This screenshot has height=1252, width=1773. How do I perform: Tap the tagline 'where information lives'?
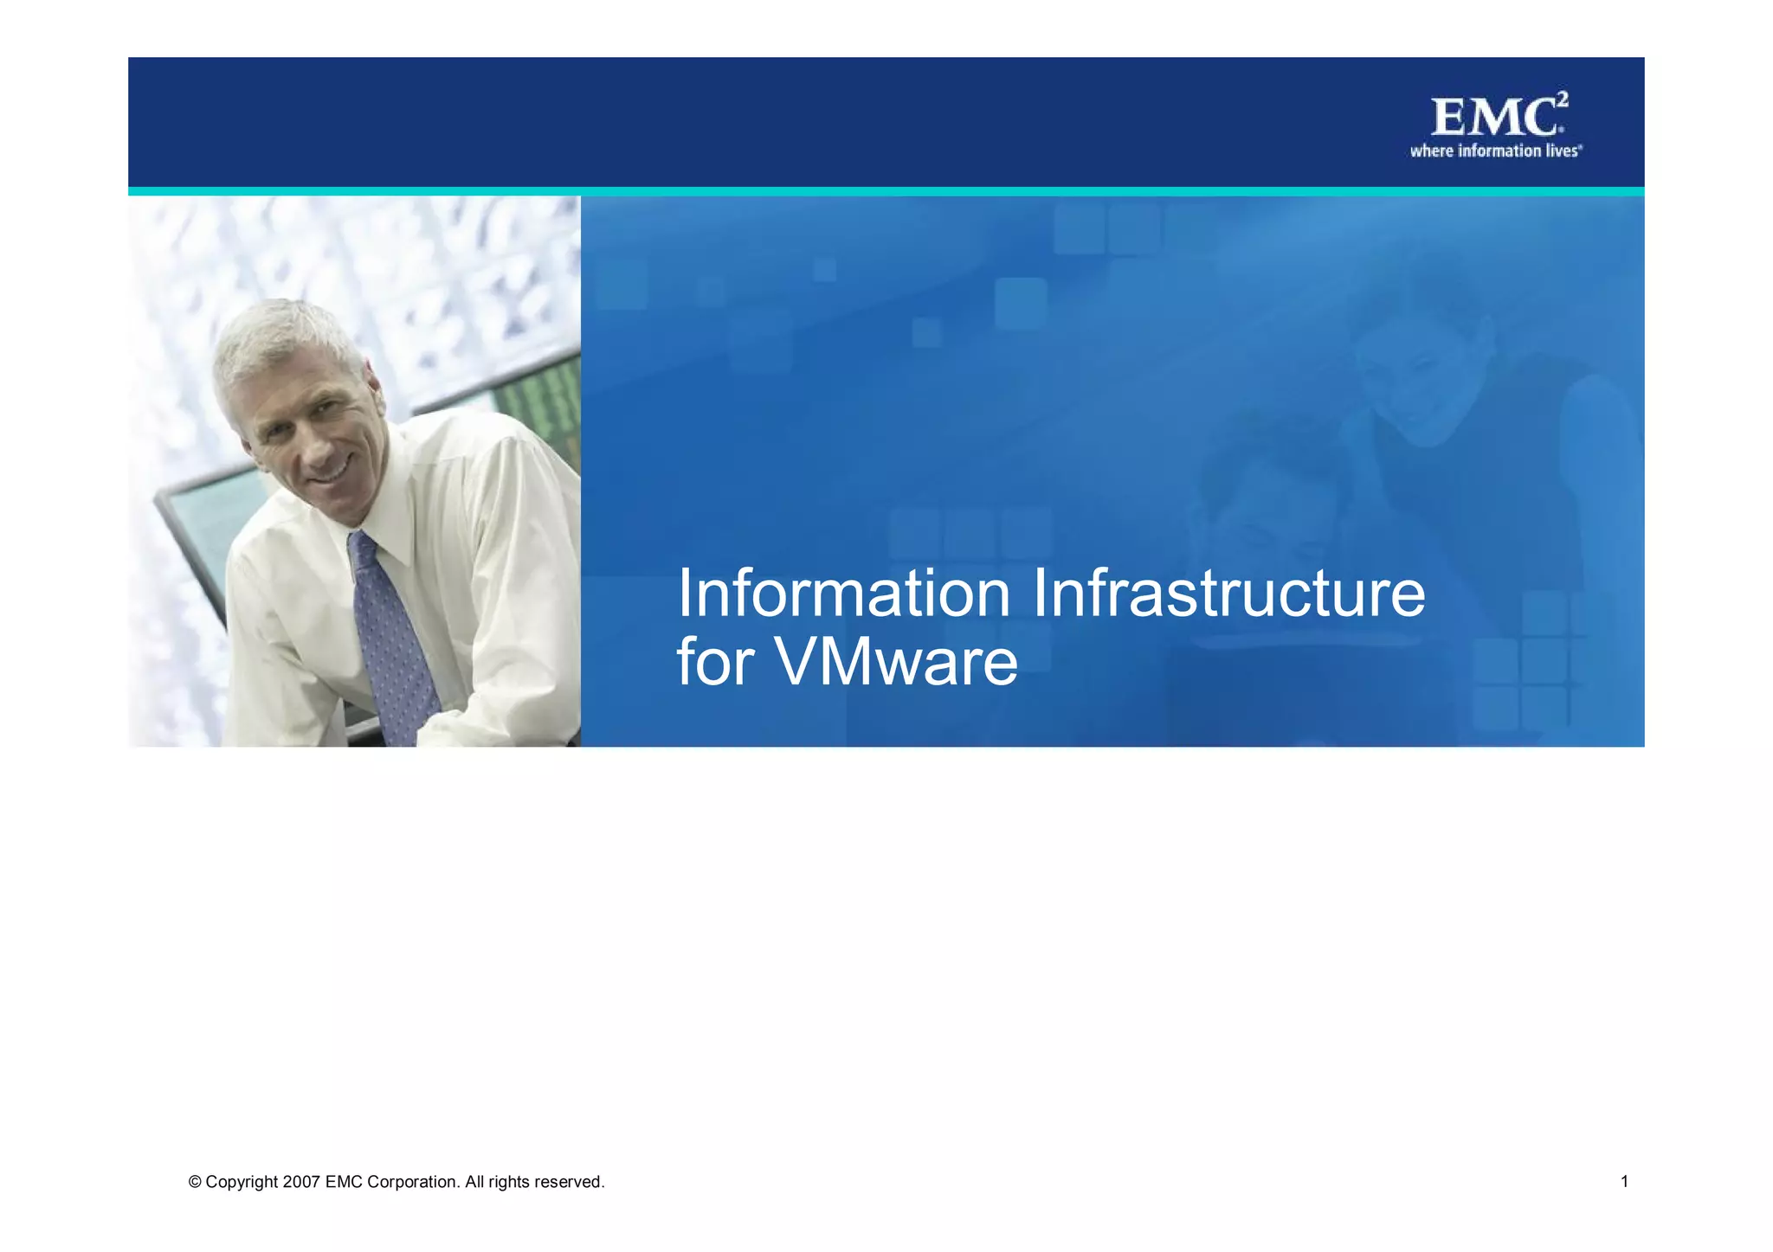click(x=1495, y=151)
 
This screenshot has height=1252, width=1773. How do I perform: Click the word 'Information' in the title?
click(x=843, y=594)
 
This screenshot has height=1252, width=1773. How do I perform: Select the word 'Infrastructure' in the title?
click(x=1228, y=594)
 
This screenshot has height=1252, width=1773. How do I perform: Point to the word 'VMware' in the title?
click(x=896, y=663)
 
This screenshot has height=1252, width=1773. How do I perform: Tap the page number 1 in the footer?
click(x=1624, y=1182)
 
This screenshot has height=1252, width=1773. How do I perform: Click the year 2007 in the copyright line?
click(x=301, y=1182)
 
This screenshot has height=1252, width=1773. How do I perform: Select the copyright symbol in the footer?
click(x=195, y=1183)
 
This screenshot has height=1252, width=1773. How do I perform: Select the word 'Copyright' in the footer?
click(x=242, y=1183)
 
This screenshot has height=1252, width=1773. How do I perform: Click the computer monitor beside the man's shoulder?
click(x=195, y=536)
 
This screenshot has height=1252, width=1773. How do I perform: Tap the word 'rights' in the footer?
click(x=508, y=1182)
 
